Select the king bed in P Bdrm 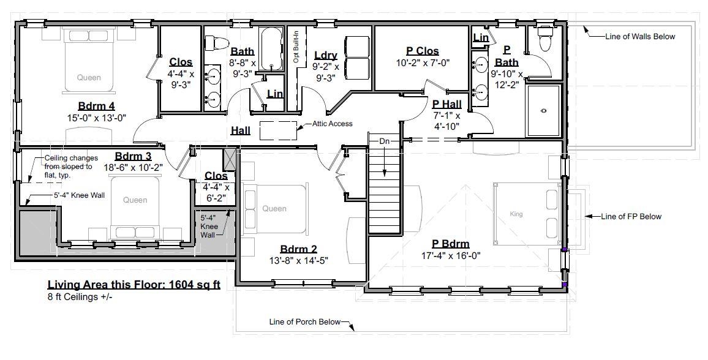click(525, 214)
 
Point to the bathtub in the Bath click(271, 50)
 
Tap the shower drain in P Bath click(543, 111)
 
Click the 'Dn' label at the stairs click(384, 141)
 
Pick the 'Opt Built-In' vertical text click(296, 47)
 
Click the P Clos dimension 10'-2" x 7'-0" click(423, 62)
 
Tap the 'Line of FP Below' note click(631, 216)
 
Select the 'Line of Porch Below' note click(304, 321)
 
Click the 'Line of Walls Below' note click(639, 36)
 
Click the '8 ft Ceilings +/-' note click(80, 297)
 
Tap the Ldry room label click(325, 55)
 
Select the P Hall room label click(446, 104)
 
